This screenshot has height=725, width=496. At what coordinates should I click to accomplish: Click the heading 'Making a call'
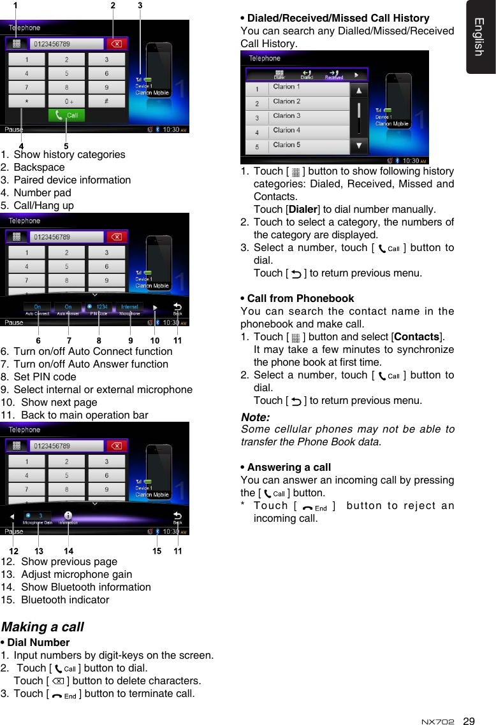[43, 627]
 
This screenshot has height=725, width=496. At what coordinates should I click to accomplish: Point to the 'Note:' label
[255, 418]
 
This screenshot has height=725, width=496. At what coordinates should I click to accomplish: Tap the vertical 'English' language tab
[480, 37]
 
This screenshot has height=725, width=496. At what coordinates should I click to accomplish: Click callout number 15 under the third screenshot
[157, 551]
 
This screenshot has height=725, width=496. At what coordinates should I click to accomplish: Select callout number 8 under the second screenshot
[99, 341]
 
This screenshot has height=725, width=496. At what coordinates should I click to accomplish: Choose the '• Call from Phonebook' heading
[297, 298]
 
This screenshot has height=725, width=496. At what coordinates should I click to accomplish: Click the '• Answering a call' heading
[286, 467]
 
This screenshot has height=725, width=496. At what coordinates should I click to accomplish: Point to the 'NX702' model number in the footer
[439, 722]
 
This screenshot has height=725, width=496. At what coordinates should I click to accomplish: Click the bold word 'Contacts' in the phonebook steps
[418, 337]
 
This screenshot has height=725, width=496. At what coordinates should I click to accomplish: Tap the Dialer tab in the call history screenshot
[279, 75]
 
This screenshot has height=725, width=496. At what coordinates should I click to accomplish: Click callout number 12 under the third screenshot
[13, 551]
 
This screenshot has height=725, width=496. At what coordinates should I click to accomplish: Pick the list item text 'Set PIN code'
[45, 377]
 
